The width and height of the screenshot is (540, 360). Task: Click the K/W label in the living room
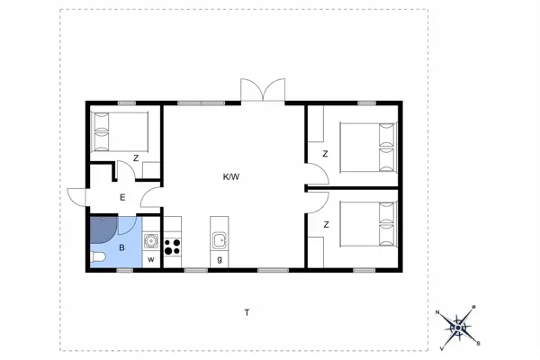point(231,176)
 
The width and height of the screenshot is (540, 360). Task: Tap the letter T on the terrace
point(246,312)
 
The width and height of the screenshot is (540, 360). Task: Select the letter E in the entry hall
point(121,197)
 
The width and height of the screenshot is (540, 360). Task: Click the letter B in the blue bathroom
point(121,246)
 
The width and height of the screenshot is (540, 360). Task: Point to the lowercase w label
point(151,260)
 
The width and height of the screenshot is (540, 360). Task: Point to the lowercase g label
point(219,260)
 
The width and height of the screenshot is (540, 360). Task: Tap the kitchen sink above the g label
point(219,239)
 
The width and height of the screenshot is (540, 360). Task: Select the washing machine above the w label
point(151,240)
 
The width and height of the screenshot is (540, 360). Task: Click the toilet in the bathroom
point(98,260)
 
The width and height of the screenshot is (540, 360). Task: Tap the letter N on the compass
point(438,312)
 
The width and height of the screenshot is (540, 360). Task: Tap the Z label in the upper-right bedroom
point(325,154)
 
